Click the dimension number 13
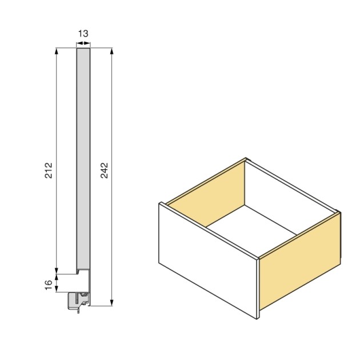[83, 34]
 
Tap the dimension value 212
[49, 171]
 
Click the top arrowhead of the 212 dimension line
[57, 51]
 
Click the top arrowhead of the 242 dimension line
[112, 51]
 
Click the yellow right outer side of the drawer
[300, 263]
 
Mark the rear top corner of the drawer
[246, 159]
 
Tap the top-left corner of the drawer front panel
[159, 203]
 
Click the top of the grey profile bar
[83, 49]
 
